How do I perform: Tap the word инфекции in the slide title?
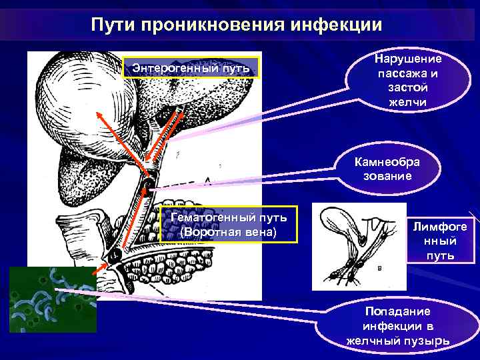337,25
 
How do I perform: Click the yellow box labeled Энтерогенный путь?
191,68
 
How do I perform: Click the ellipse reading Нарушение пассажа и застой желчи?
407,80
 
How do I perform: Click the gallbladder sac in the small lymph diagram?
347,221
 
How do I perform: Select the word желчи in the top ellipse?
407,102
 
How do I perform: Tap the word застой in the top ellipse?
407,87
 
